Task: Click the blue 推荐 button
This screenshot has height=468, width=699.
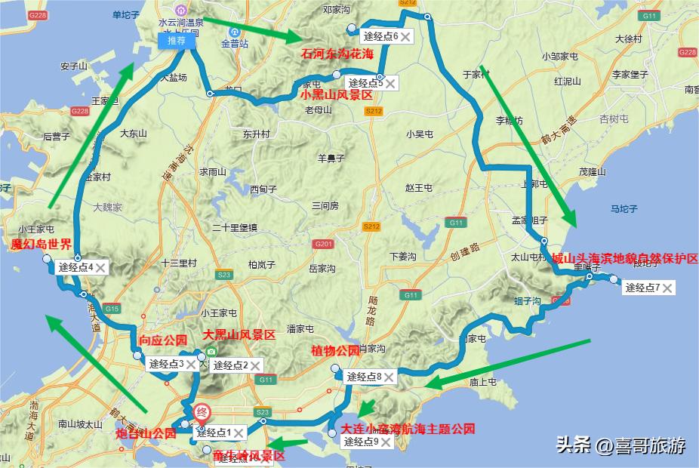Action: pyautogui.click(x=177, y=41)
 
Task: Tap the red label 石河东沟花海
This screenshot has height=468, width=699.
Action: pyautogui.click(x=337, y=54)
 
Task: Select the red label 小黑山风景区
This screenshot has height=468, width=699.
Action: pyautogui.click(x=336, y=96)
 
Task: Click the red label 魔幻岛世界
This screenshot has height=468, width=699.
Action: pyautogui.click(x=41, y=245)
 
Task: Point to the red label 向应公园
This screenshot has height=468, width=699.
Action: pyautogui.click(x=162, y=341)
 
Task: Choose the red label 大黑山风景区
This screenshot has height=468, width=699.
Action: pyautogui.click(x=239, y=334)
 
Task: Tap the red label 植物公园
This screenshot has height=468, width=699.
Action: pyautogui.click(x=336, y=351)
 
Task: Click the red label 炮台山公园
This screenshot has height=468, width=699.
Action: pyautogui.click(x=146, y=434)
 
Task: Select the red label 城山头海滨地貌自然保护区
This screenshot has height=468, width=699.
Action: pyautogui.click(x=624, y=259)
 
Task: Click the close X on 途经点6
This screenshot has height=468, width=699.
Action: pyautogui.click(x=405, y=36)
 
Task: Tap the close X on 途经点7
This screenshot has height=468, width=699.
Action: pyautogui.click(x=667, y=288)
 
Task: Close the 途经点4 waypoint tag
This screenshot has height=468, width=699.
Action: pyautogui.click(x=100, y=267)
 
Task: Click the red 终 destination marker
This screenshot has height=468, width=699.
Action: pyautogui.click(x=202, y=413)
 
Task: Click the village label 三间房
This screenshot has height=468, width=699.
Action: pyautogui.click(x=325, y=205)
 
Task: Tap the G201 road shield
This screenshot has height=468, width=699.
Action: pyautogui.click(x=324, y=244)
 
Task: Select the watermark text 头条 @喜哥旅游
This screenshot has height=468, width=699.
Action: pyautogui.click(x=620, y=445)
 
